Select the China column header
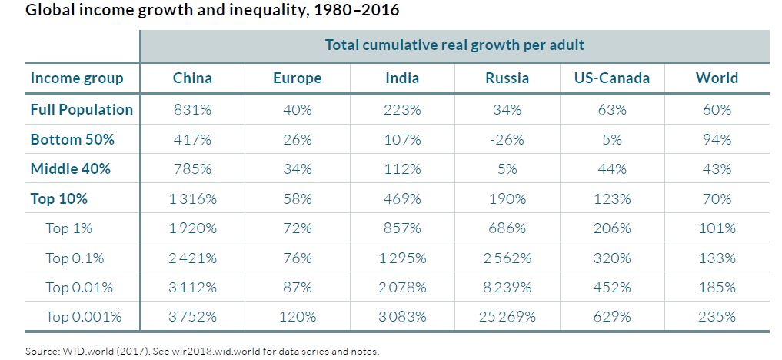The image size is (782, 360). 192,78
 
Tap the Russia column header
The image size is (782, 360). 507,78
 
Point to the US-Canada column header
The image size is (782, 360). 612,78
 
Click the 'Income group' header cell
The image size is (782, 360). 76,78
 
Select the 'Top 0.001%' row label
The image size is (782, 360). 83,316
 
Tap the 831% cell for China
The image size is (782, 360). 192,110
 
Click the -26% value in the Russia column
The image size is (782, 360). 507,139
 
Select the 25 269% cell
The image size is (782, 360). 507,316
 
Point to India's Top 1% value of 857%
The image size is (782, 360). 402,228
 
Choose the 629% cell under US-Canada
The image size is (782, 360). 612,316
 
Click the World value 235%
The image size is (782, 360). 717,316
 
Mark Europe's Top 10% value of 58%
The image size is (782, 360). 297,198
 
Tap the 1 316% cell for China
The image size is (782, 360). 192,198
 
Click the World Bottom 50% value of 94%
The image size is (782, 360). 717,139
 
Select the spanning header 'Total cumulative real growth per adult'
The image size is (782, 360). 454,45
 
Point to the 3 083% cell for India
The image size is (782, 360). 402,316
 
